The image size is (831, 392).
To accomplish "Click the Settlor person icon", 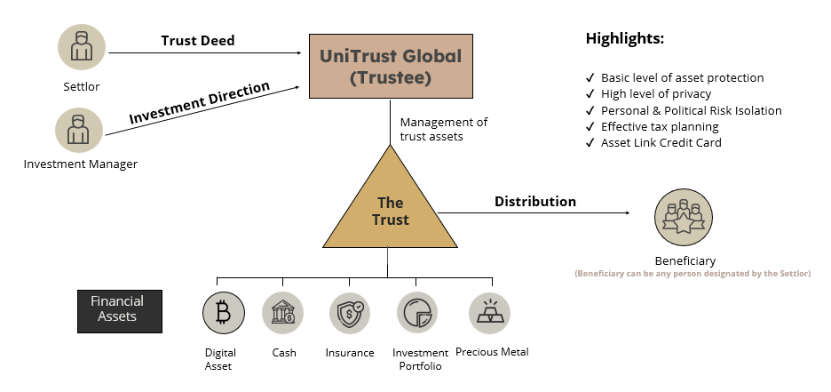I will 82,47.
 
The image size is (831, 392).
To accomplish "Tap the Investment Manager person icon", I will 79,130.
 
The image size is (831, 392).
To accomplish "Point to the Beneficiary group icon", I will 684,218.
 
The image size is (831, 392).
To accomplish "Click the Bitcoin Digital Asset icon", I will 223,313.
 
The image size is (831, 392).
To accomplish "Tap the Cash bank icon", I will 283,313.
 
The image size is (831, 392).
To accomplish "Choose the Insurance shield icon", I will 351,313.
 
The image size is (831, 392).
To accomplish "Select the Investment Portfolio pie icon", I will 417,313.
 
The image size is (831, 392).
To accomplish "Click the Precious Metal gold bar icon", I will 489,313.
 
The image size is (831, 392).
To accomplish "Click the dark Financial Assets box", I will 120,309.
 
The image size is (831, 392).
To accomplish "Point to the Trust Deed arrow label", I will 197,41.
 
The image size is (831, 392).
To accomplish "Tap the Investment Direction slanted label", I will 199,104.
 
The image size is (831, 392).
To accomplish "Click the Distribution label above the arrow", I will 534,202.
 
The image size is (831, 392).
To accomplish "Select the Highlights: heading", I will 624,39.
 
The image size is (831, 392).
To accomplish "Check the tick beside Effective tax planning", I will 590,127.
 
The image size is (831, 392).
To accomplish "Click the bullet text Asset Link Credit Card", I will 661,143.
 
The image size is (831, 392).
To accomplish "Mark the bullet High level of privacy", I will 655,94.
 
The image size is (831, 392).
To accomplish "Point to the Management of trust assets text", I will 443,129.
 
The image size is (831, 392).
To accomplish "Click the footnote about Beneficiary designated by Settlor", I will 692,274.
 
